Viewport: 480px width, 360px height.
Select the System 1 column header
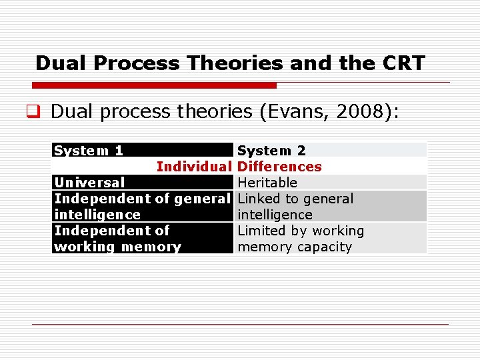89,151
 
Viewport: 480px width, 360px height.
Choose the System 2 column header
272,151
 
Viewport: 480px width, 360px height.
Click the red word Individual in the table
193,167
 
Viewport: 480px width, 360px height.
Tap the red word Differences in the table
279,167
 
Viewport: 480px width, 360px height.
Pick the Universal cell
89,183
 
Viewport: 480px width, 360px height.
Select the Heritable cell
267,183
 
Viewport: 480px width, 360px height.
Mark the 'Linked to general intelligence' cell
295,207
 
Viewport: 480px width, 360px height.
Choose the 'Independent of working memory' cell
117,239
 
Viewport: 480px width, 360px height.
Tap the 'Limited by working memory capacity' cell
301,239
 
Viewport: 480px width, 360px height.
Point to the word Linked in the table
258,199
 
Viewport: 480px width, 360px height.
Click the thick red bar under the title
154,85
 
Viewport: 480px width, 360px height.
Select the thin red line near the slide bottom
240,325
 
